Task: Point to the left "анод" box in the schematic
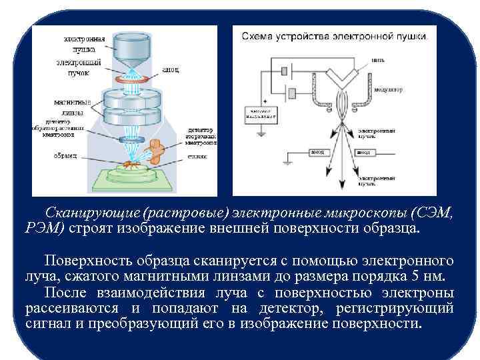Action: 317,152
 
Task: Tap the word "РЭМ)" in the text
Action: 45,229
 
